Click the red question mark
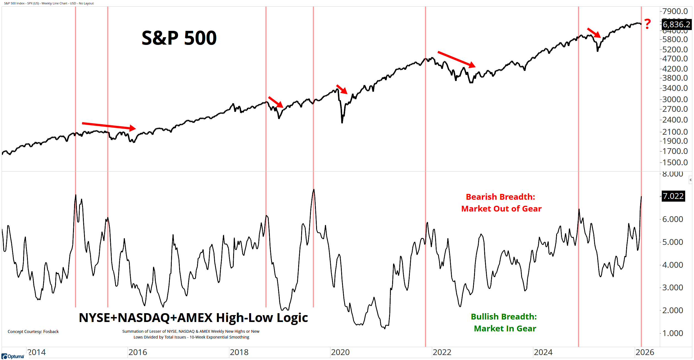pyautogui.click(x=647, y=24)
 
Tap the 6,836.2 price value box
pyautogui.click(x=676, y=25)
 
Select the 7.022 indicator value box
pyautogui.click(x=673, y=196)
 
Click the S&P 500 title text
pyautogui.click(x=179, y=38)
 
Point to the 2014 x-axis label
pyautogui.click(x=37, y=352)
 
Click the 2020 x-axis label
pyautogui.click(x=340, y=352)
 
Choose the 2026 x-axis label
pyautogui.click(x=645, y=352)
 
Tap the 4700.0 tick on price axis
pyautogui.click(x=675, y=59)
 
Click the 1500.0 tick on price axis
pyautogui.click(x=675, y=162)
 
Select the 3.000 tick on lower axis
pyautogui.click(x=673, y=287)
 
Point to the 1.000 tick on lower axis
pyautogui.click(x=673, y=333)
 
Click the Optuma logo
pyautogui.click(x=13, y=356)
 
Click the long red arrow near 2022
pyautogui.click(x=456, y=59)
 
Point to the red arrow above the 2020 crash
pyautogui.click(x=342, y=89)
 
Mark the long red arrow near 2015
pyautogui.click(x=109, y=126)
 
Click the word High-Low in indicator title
pyautogui.click(x=244, y=318)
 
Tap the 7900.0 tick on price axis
pyautogui.click(x=675, y=11)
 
